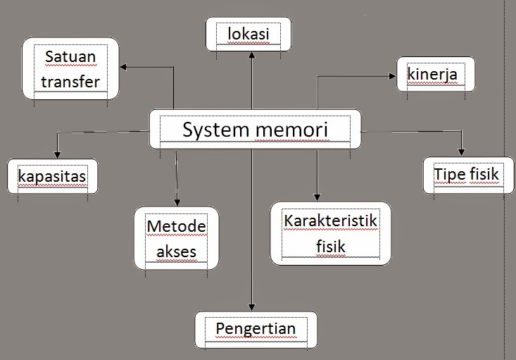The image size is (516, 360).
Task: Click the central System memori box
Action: [x=255, y=130]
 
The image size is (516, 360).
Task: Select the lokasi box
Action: [x=248, y=34]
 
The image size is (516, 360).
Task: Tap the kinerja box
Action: [x=432, y=74]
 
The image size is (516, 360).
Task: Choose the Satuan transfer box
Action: [x=70, y=68]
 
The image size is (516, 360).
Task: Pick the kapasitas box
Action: [x=53, y=175]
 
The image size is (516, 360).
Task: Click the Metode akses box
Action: [x=176, y=238]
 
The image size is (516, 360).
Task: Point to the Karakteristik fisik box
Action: [x=331, y=233]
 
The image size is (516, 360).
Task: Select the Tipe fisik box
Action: [x=465, y=174]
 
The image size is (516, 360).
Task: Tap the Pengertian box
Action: [x=256, y=328]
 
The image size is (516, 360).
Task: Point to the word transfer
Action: [x=70, y=81]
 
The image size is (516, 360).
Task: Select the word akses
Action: [x=176, y=252]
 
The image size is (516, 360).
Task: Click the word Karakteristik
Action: [x=331, y=221]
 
